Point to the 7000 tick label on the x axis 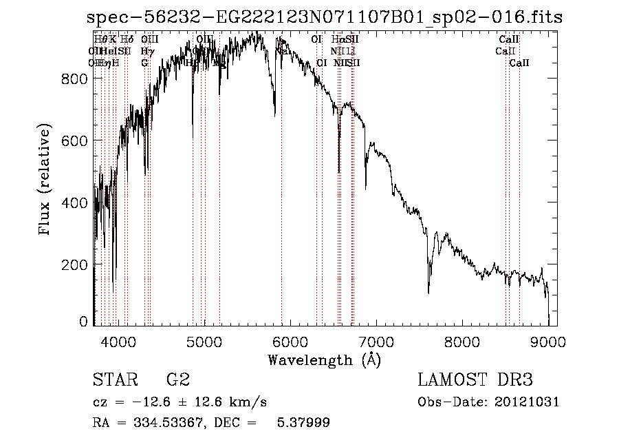pos(376,341)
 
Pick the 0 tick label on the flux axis pos(83,321)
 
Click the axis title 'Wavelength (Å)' pos(324,360)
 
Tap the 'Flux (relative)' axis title pos(46,180)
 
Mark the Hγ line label pos(146,51)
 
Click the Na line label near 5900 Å pos(282,51)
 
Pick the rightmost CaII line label pos(519,63)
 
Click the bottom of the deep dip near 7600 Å pos(428,292)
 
